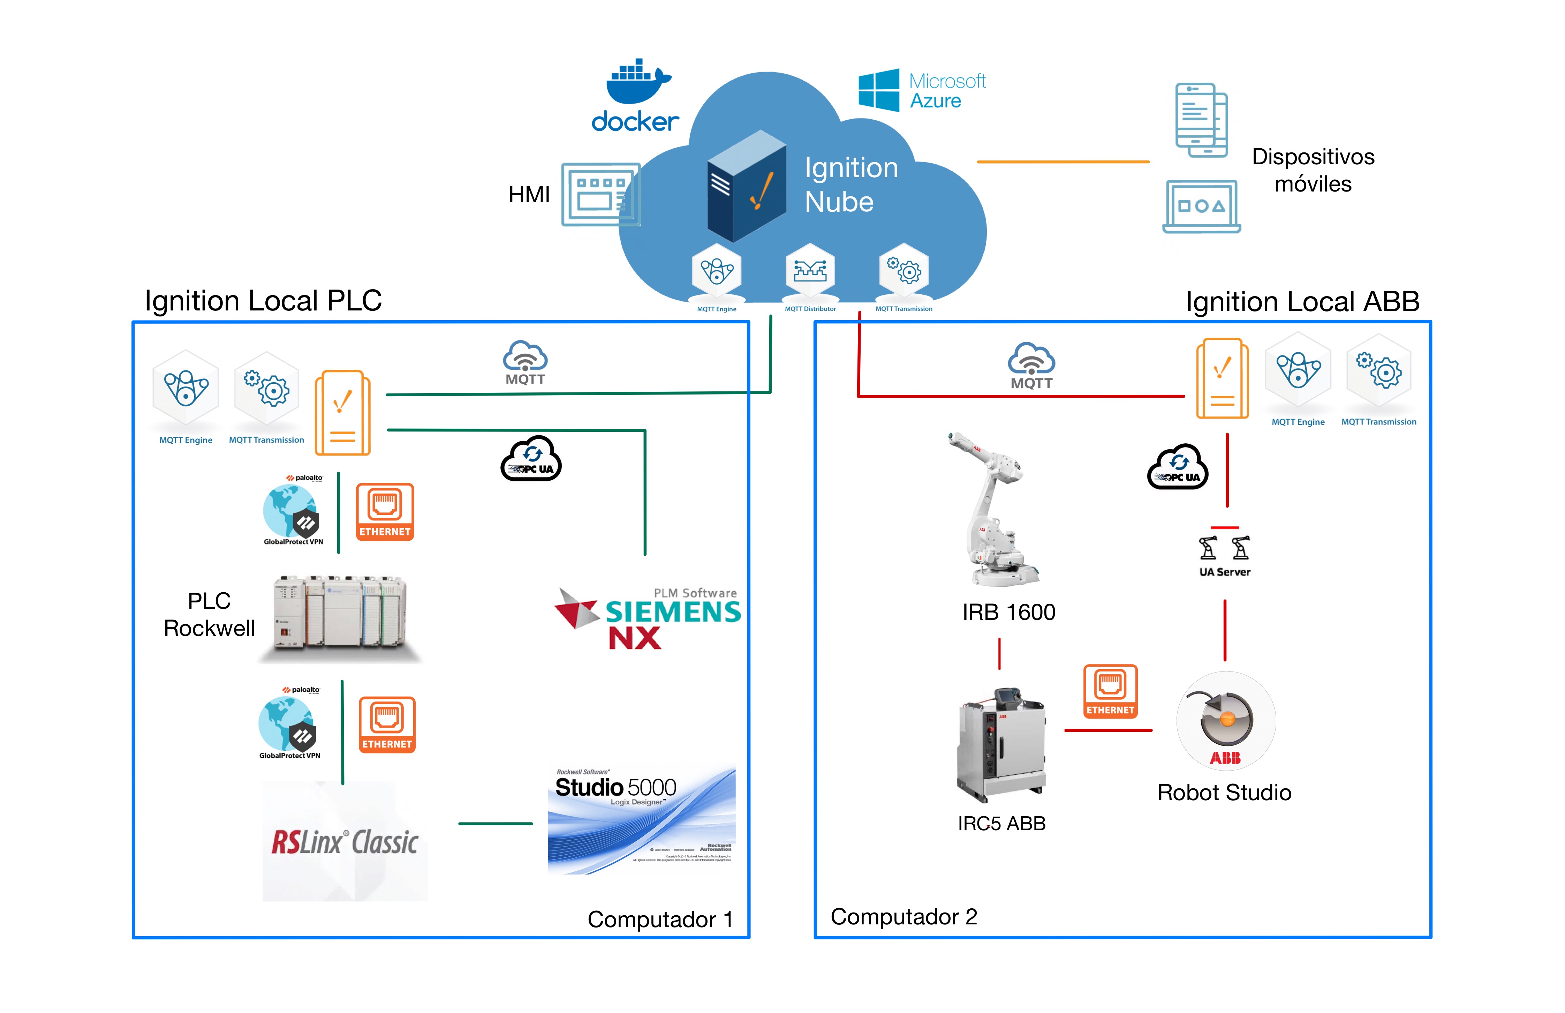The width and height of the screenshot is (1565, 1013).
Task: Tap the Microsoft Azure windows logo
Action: point(878,90)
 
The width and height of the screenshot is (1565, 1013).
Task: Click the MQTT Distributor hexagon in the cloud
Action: point(810,271)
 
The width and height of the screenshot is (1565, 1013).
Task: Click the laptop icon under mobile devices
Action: point(1201,206)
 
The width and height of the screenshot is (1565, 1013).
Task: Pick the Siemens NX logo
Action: point(648,618)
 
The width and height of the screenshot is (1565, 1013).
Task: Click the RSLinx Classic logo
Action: point(345,842)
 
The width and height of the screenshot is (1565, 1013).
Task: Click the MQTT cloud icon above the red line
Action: point(1031,365)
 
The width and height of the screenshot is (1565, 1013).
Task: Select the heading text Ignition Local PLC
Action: point(263,301)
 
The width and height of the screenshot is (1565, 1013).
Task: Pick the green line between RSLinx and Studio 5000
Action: point(495,824)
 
